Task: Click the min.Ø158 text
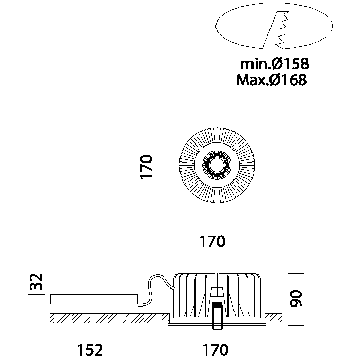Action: point(275,64)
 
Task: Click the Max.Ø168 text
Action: point(272,80)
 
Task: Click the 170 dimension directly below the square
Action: point(212,241)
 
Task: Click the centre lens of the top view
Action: point(217,165)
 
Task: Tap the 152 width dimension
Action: point(91,350)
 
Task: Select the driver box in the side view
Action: point(95,303)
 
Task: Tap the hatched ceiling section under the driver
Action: point(103,318)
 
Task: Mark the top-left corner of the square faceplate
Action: point(169,117)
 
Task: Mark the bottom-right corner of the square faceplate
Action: point(265,213)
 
